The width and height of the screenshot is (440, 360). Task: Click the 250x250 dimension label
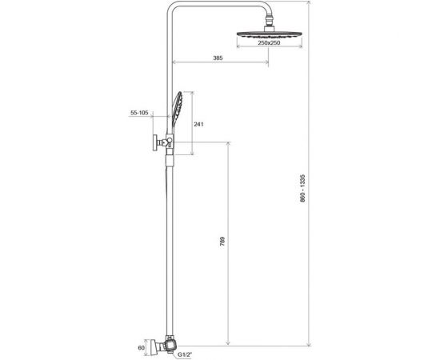(x=269, y=43)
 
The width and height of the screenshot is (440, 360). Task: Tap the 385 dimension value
(x=218, y=58)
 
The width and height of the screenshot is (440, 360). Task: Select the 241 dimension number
(x=198, y=124)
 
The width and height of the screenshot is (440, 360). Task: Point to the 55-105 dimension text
(x=139, y=113)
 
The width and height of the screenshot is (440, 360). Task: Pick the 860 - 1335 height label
(x=302, y=188)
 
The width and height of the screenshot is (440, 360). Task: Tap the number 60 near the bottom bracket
(x=141, y=348)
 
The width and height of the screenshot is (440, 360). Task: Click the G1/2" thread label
(x=184, y=354)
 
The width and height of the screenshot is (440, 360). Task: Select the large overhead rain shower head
(x=270, y=34)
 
